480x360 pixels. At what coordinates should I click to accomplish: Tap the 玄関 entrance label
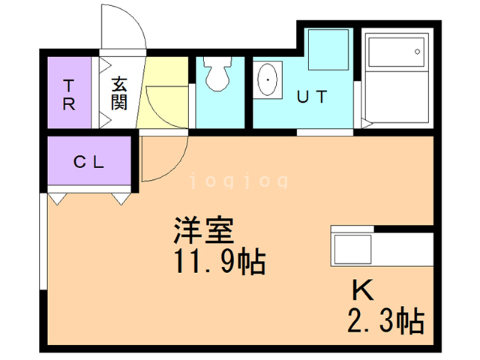[118, 93]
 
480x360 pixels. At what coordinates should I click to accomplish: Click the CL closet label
[88, 162]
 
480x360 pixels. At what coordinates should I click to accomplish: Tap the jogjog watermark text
[239, 181]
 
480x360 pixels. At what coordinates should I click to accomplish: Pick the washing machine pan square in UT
[328, 49]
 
